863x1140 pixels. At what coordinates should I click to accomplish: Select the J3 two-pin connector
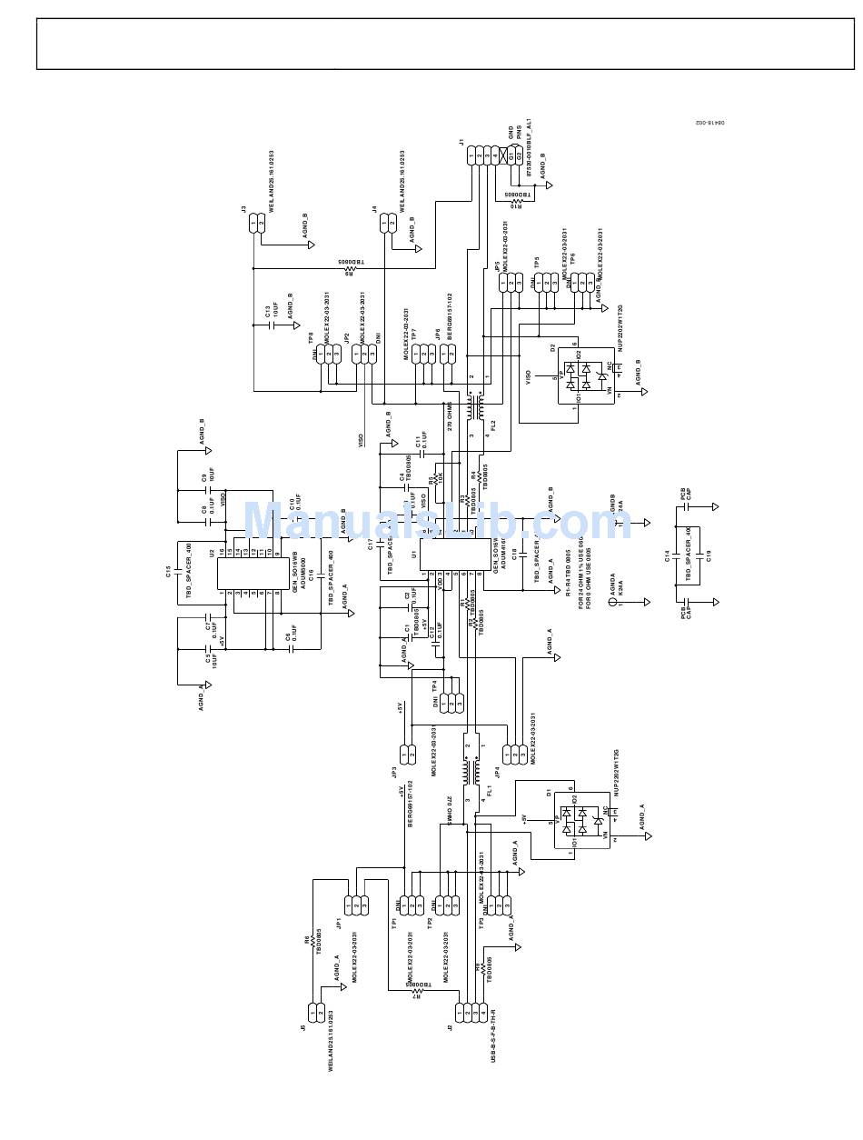[257, 223]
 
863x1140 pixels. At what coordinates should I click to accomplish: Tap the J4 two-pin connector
[388, 223]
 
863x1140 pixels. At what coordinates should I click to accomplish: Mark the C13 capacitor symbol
[272, 325]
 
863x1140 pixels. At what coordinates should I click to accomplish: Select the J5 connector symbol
[316, 1011]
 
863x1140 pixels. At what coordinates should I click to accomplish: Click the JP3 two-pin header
[407, 754]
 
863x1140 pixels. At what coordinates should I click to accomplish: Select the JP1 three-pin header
[356, 905]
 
